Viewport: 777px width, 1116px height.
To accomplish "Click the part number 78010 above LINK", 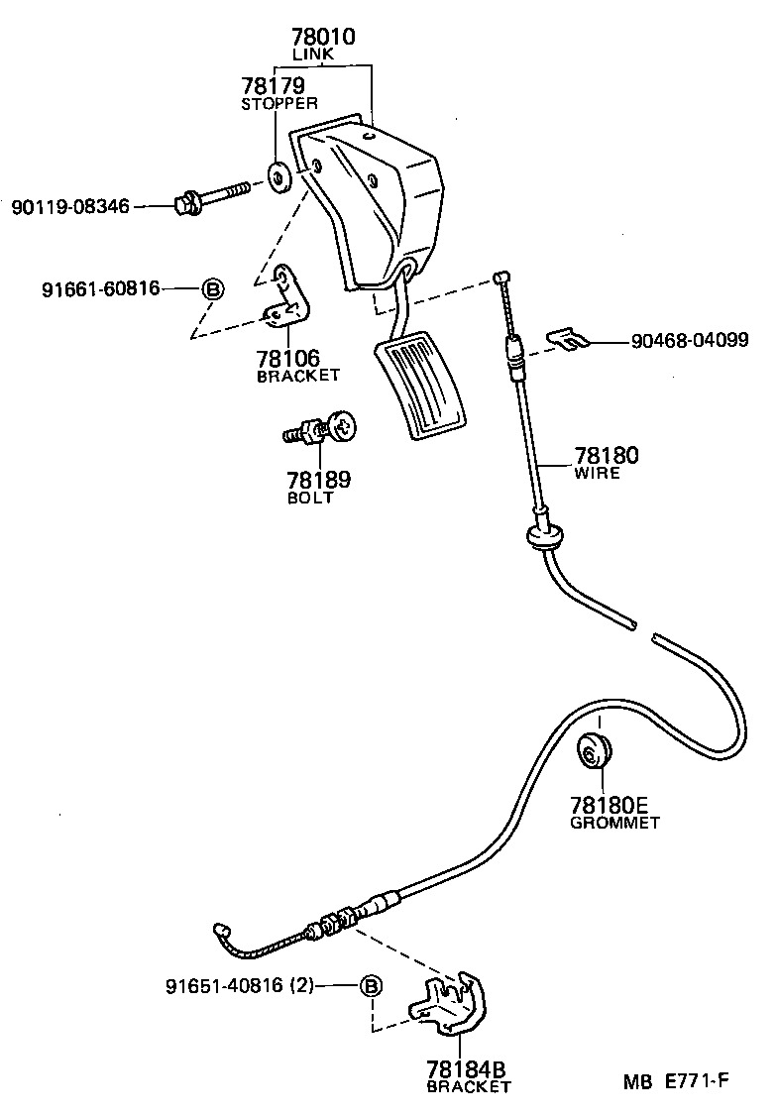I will pos(323,38).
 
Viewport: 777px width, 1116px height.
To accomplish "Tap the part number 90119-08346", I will pos(70,207).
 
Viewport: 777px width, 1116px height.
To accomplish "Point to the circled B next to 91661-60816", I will pos(212,289).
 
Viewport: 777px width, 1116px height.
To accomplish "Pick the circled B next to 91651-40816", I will pos(370,986).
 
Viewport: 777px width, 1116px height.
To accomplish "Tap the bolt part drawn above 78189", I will pos(323,429).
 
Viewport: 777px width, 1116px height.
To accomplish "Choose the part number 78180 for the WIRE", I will pos(606,456).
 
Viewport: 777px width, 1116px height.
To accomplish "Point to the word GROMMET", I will pos(614,823).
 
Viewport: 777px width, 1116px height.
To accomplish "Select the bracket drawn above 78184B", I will pos(451,1004).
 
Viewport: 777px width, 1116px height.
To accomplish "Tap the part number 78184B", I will pos(467,1069).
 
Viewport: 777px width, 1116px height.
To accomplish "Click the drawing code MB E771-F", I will pos(676,1082).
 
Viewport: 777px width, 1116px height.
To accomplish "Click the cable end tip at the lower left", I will pos(222,929).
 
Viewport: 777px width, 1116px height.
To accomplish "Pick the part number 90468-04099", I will pos(689,341).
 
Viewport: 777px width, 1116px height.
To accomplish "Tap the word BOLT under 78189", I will pos(310,498).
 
